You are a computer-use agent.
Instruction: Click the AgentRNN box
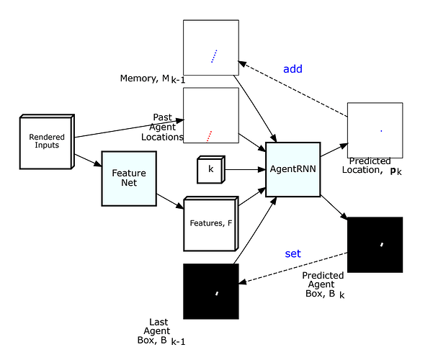(293, 169)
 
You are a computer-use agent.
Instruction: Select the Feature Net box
(129, 179)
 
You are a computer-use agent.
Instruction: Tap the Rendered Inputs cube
(47, 141)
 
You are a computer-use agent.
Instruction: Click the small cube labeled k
(211, 169)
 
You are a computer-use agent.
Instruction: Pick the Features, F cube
(211, 224)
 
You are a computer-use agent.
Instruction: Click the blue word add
(293, 68)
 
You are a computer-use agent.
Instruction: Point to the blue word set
(293, 253)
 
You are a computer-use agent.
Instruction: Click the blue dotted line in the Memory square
(214, 56)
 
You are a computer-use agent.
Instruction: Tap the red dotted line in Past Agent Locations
(209, 136)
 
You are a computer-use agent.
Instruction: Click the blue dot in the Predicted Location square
(381, 131)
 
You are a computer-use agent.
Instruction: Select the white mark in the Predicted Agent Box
(382, 245)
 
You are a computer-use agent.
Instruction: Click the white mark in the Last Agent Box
(217, 294)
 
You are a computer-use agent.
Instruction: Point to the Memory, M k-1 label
(153, 79)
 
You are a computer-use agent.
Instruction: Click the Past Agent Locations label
(162, 127)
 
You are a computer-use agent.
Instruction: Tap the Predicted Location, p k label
(372, 166)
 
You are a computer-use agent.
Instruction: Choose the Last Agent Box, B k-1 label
(161, 332)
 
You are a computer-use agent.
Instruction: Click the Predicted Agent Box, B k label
(323, 284)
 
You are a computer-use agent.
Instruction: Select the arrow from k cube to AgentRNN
(245, 169)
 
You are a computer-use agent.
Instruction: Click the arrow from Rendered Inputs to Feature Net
(88, 161)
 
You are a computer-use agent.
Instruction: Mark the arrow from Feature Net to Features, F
(170, 202)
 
